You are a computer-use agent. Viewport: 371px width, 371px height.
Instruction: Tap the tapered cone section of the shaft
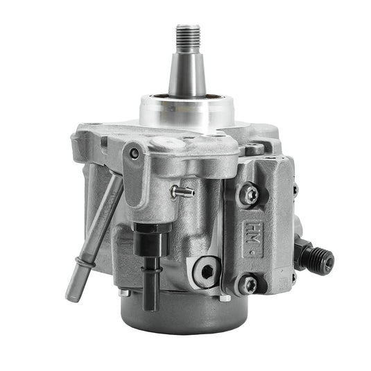pos(187,73)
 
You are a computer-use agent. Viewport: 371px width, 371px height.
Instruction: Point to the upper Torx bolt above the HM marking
pos(250,196)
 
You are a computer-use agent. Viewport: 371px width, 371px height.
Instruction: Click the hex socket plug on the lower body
pos(206,270)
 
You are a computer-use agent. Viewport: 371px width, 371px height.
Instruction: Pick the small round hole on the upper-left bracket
pos(134,153)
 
